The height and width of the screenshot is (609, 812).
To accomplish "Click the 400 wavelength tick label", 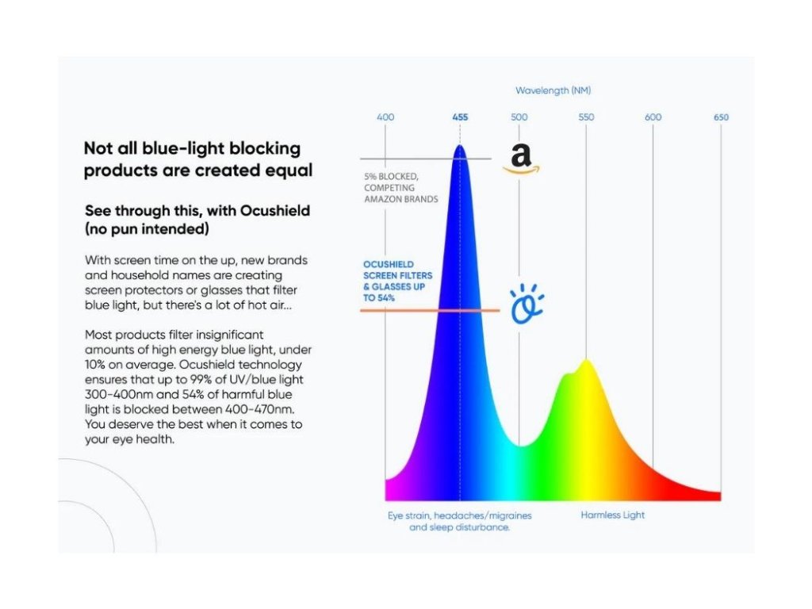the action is click(x=385, y=117).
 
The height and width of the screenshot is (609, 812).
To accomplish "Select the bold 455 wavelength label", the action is click(x=460, y=117).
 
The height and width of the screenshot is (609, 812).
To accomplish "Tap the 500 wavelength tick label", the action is click(x=519, y=117).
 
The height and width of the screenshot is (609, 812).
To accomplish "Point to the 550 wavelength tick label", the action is click(x=586, y=117).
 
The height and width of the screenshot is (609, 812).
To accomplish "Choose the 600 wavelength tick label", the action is click(x=653, y=117).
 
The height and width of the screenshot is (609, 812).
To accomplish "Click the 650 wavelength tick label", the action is click(x=721, y=117).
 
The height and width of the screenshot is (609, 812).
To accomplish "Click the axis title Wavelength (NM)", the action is click(x=553, y=90).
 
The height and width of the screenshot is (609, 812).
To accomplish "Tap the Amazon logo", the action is click(x=521, y=159).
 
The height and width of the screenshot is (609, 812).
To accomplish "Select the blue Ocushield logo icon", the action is click(x=527, y=304).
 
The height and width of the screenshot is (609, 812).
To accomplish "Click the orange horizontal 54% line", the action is click(x=430, y=311).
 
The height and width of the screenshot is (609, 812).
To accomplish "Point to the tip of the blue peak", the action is click(x=460, y=145).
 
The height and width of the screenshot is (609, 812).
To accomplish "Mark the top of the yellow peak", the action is click(x=586, y=359).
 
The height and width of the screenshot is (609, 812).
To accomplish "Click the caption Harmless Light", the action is click(x=613, y=515).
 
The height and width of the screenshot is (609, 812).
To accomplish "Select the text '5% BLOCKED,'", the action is click(x=391, y=177).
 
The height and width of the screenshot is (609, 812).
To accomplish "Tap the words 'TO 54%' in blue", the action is click(x=378, y=298).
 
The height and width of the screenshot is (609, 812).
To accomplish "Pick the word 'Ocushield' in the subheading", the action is click(x=275, y=211).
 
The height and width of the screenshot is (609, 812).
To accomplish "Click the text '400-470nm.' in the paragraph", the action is click(x=259, y=409).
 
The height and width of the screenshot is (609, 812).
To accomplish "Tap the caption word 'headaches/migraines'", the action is click(x=483, y=515).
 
